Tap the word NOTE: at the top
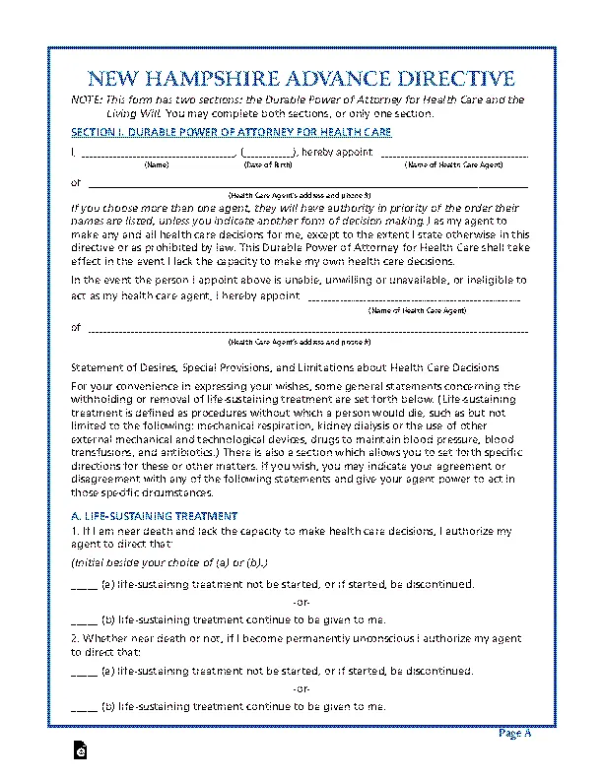click(89, 100)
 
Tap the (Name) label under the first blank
click(157, 164)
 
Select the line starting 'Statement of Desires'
click(285, 366)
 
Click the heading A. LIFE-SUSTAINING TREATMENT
click(155, 515)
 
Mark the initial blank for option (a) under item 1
click(84, 585)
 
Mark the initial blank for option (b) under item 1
click(84, 620)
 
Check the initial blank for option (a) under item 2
click(84, 672)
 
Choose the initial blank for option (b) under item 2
click(84, 707)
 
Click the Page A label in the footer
click(514, 734)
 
